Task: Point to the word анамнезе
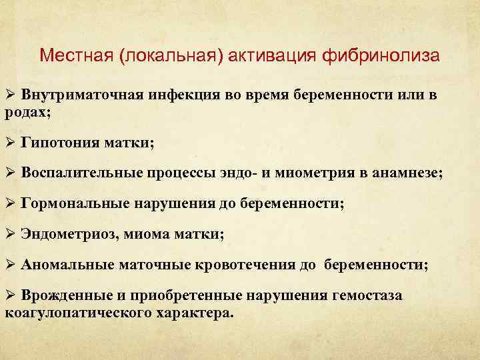point(406,173)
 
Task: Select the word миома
point(145,234)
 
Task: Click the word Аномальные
point(67,265)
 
